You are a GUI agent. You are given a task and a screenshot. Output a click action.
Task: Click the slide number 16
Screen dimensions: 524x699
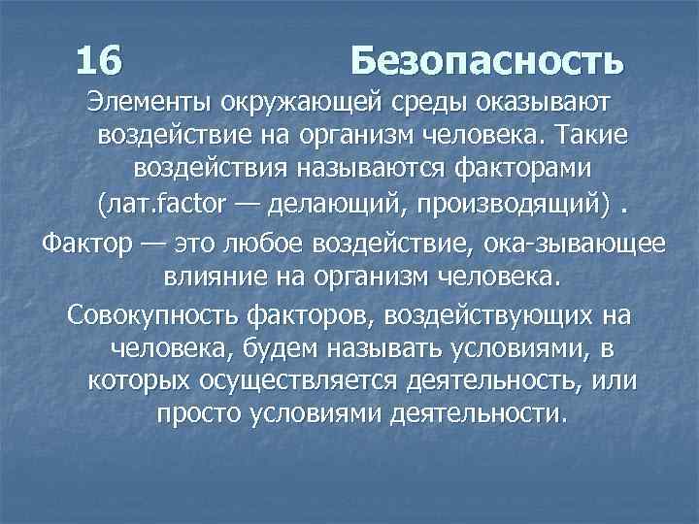(99, 61)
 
